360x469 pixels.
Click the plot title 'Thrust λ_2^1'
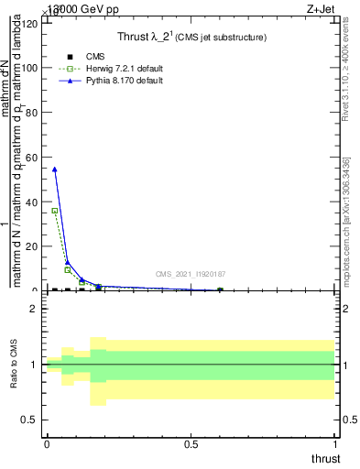point(191,38)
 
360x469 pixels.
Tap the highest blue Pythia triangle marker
point(55,169)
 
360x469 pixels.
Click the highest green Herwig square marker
point(55,211)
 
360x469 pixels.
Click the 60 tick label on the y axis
point(33,157)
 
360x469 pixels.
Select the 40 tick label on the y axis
point(33,202)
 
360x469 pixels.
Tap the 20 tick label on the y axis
point(33,246)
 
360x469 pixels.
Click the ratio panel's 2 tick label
point(35,309)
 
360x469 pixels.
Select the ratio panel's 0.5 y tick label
point(30,420)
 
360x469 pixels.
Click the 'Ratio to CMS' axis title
point(14,365)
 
